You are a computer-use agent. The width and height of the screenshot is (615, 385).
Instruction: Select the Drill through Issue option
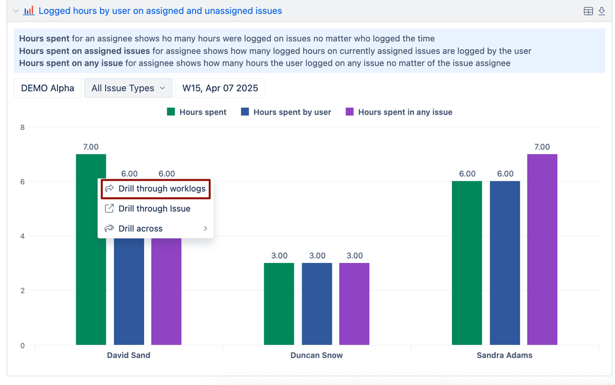(155, 208)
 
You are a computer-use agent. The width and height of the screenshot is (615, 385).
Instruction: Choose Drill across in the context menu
(141, 229)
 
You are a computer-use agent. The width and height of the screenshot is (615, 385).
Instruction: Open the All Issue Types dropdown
(128, 88)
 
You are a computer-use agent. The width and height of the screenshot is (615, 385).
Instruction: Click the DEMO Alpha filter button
(47, 88)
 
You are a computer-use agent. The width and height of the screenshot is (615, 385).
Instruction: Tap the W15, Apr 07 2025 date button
(220, 88)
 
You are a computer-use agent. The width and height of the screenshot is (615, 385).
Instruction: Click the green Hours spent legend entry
(197, 112)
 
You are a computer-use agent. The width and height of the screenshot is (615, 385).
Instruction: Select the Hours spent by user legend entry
(286, 112)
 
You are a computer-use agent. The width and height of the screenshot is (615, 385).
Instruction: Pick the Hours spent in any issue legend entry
(399, 112)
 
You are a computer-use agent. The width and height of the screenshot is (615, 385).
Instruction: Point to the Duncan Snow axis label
(316, 355)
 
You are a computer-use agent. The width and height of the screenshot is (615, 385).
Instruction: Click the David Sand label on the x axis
(128, 355)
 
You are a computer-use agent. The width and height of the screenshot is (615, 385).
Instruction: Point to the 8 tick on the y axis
(22, 128)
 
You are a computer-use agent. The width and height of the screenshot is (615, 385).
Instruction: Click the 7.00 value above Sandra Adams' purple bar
(542, 147)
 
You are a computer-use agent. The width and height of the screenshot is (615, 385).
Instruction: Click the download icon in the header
(601, 11)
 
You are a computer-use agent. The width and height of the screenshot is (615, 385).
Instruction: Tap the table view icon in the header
(588, 11)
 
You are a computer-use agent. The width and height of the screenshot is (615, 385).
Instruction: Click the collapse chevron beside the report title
(15, 11)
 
